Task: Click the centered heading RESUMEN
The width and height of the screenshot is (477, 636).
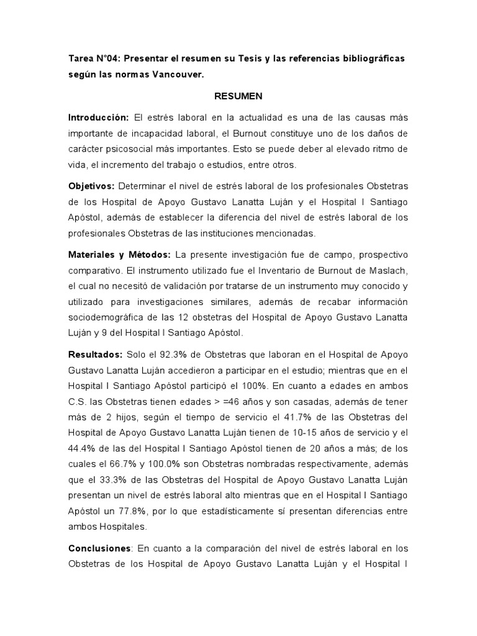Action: tap(238, 96)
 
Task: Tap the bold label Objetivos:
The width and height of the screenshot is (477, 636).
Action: tap(91, 186)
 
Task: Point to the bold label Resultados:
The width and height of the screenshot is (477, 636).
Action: tap(95, 354)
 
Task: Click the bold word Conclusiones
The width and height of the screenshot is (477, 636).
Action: tap(99, 548)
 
